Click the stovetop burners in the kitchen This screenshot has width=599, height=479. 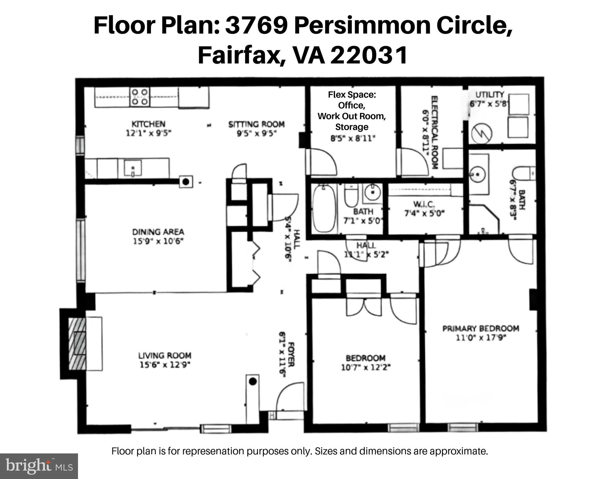click(139, 97)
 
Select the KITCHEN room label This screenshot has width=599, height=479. click(148, 124)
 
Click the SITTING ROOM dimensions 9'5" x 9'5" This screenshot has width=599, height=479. click(256, 133)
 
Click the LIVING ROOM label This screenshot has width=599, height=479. click(165, 355)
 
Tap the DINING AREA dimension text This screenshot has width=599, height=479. click(158, 241)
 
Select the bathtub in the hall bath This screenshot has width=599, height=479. click(324, 208)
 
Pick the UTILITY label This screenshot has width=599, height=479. click(489, 94)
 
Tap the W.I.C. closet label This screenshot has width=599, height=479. click(424, 204)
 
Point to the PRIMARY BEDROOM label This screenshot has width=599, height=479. click(481, 328)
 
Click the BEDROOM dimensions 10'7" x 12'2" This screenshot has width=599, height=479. click(366, 367)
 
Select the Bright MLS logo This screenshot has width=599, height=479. click(39, 466)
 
